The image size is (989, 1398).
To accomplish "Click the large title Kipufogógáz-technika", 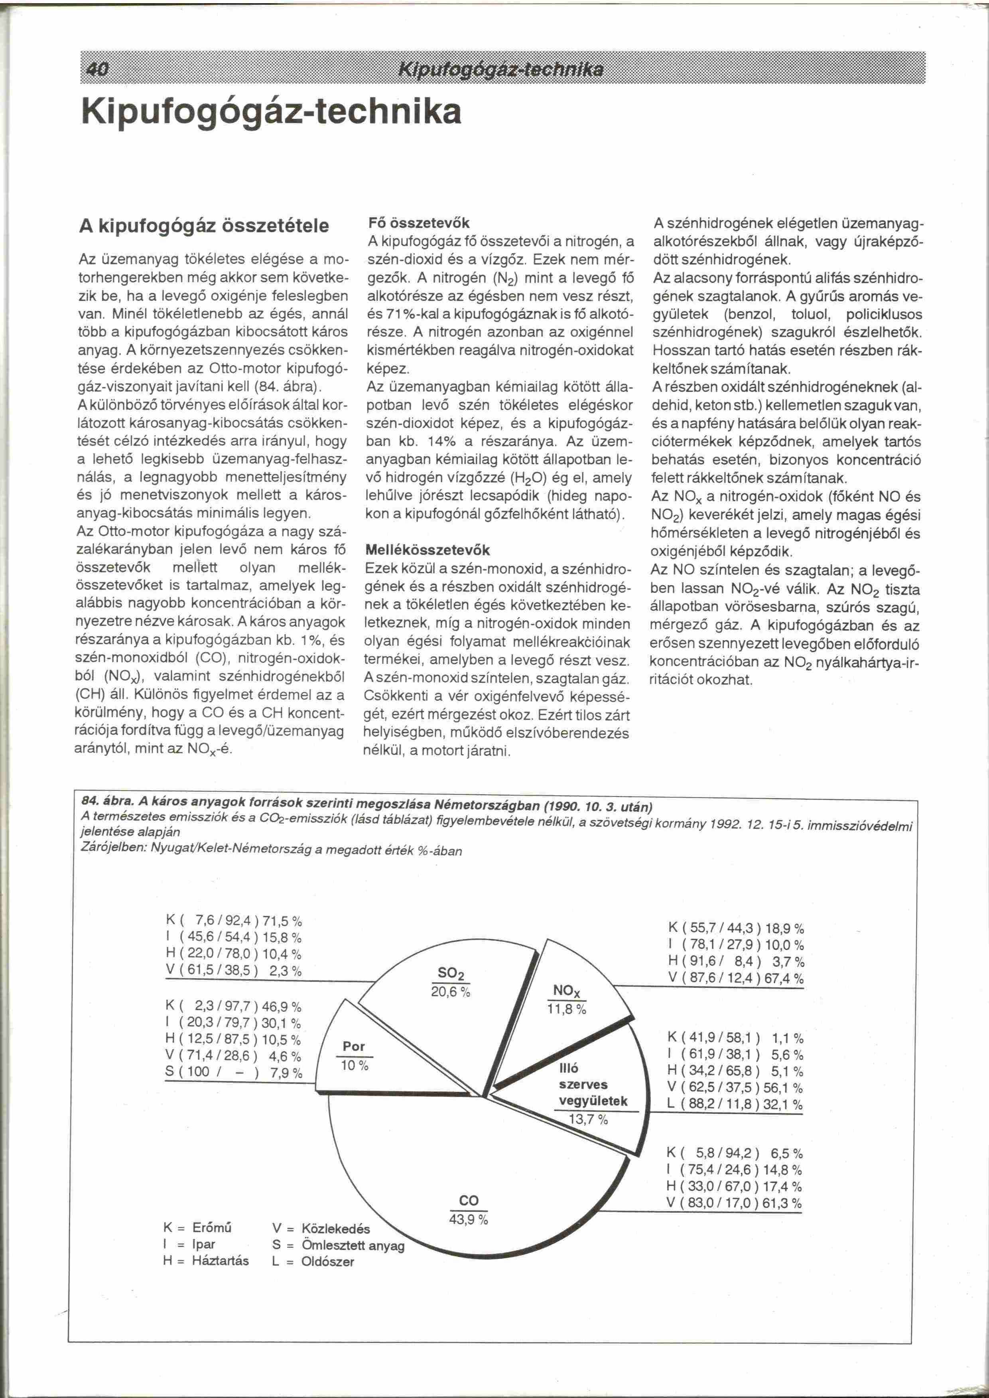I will coord(271,112).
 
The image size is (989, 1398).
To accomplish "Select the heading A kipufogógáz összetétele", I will coord(204,226).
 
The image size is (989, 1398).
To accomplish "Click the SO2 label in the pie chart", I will coord(451,972).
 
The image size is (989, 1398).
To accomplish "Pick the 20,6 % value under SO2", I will coord(451,992).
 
